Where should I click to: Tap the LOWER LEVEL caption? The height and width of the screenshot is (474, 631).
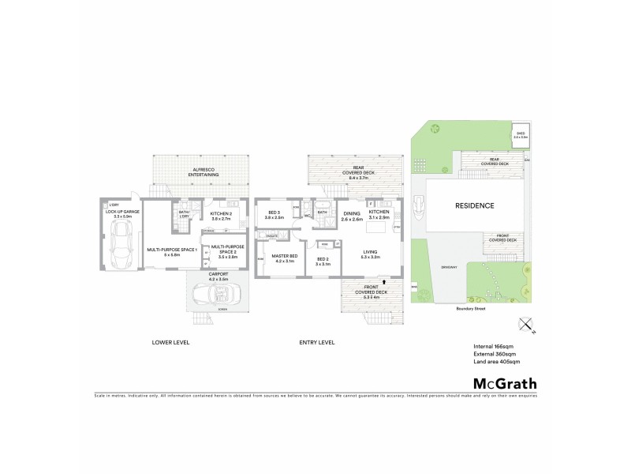tap(170, 342)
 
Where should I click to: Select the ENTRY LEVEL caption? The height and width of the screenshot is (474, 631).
tap(317, 342)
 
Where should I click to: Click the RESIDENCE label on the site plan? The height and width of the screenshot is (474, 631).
tap(475, 205)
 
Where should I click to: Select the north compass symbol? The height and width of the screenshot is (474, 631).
tap(524, 324)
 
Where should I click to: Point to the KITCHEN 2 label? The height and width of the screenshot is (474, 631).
tap(220, 214)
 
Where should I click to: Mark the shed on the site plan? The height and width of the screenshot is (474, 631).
tap(521, 135)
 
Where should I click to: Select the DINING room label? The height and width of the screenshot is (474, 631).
tap(351, 214)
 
